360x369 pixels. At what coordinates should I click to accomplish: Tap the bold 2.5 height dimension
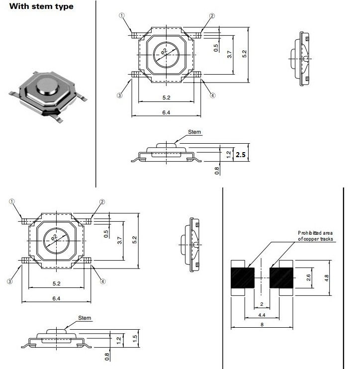tap(241, 155)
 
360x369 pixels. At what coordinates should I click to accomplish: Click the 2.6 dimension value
tap(308, 277)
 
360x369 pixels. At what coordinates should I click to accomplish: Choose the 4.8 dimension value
tap(326, 277)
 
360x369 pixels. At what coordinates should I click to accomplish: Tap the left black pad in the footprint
tap(243, 277)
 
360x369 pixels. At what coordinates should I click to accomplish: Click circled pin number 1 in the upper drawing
tap(121, 16)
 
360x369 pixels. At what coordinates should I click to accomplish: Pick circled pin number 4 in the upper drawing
tap(212, 95)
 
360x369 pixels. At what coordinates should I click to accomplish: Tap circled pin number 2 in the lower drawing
tap(102, 202)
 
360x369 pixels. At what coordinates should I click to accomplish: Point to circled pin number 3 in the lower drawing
tap(10, 281)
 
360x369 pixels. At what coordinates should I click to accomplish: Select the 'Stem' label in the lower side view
tap(84, 317)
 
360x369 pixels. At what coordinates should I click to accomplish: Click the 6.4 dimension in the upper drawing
tap(166, 113)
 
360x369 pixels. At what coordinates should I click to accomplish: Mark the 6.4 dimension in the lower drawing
tap(56, 298)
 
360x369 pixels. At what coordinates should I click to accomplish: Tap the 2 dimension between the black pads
tap(262, 304)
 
